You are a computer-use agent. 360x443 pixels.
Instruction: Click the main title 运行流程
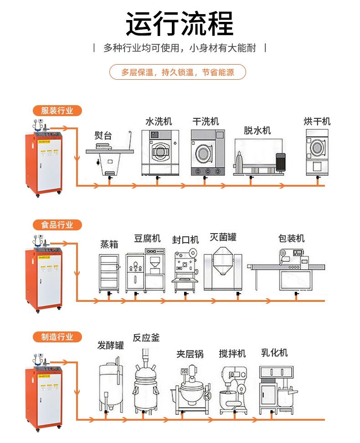(180, 23)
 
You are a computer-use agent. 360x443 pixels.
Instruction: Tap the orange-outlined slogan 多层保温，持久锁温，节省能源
(178, 72)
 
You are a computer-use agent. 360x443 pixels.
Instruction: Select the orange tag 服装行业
(57, 111)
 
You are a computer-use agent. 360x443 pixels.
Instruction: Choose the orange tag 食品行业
(57, 224)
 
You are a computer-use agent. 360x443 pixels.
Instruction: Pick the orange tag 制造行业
(57, 337)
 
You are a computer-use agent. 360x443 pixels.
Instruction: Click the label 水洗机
(159, 122)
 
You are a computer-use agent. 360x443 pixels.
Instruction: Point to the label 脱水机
(257, 131)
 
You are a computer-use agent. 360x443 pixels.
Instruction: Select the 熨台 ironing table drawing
(109, 155)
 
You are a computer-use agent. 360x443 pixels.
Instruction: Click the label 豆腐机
(147, 238)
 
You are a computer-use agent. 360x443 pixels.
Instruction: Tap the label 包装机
(291, 238)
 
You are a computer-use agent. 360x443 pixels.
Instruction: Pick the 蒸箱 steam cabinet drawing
(109, 273)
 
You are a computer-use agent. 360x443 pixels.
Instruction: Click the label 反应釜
(146, 338)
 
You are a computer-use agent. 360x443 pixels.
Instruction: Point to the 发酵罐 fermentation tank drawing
(110, 385)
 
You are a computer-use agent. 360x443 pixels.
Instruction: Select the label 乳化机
(274, 352)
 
